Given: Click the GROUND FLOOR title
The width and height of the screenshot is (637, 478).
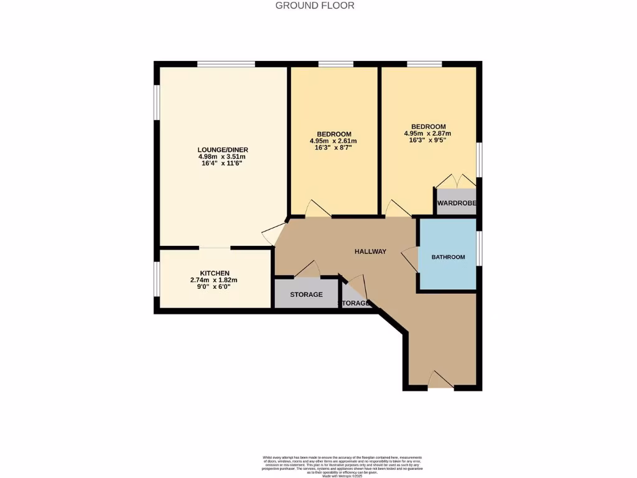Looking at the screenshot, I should tap(315, 6).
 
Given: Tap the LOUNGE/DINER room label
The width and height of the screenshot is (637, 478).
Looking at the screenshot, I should tap(222, 150).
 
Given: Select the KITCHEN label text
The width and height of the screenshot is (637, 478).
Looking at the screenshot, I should tap(215, 273).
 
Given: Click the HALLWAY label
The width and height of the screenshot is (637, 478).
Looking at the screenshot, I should tap(370, 251).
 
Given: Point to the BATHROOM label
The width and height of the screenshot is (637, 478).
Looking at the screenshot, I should tap(449, 257).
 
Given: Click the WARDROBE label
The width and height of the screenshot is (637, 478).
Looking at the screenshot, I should tap(456, 204).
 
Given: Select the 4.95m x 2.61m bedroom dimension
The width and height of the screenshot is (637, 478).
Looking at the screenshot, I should tap(333, 141).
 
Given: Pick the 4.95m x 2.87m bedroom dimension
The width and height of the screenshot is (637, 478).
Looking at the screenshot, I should tap(427, 133).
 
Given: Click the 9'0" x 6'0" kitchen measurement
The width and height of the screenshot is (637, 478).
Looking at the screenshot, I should tap(215, 288).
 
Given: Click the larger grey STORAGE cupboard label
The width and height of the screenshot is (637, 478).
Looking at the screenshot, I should tap(306, 294).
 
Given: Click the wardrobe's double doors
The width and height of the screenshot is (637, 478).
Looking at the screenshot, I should tap(456, 181).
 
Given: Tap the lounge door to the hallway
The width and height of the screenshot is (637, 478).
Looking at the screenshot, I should tap(272, 234).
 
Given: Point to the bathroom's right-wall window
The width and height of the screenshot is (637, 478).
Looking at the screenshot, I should tap(479, 248).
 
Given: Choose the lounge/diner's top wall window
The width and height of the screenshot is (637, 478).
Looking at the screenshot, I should tap(226, 63).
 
